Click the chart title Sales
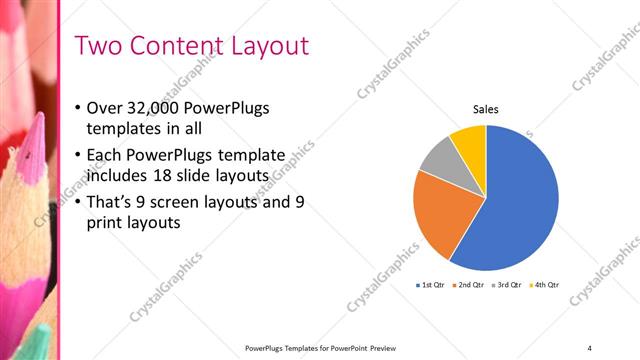[486, 110]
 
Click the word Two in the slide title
[99, 46]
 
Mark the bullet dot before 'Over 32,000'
[79, 108]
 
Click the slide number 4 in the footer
[589, 347]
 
